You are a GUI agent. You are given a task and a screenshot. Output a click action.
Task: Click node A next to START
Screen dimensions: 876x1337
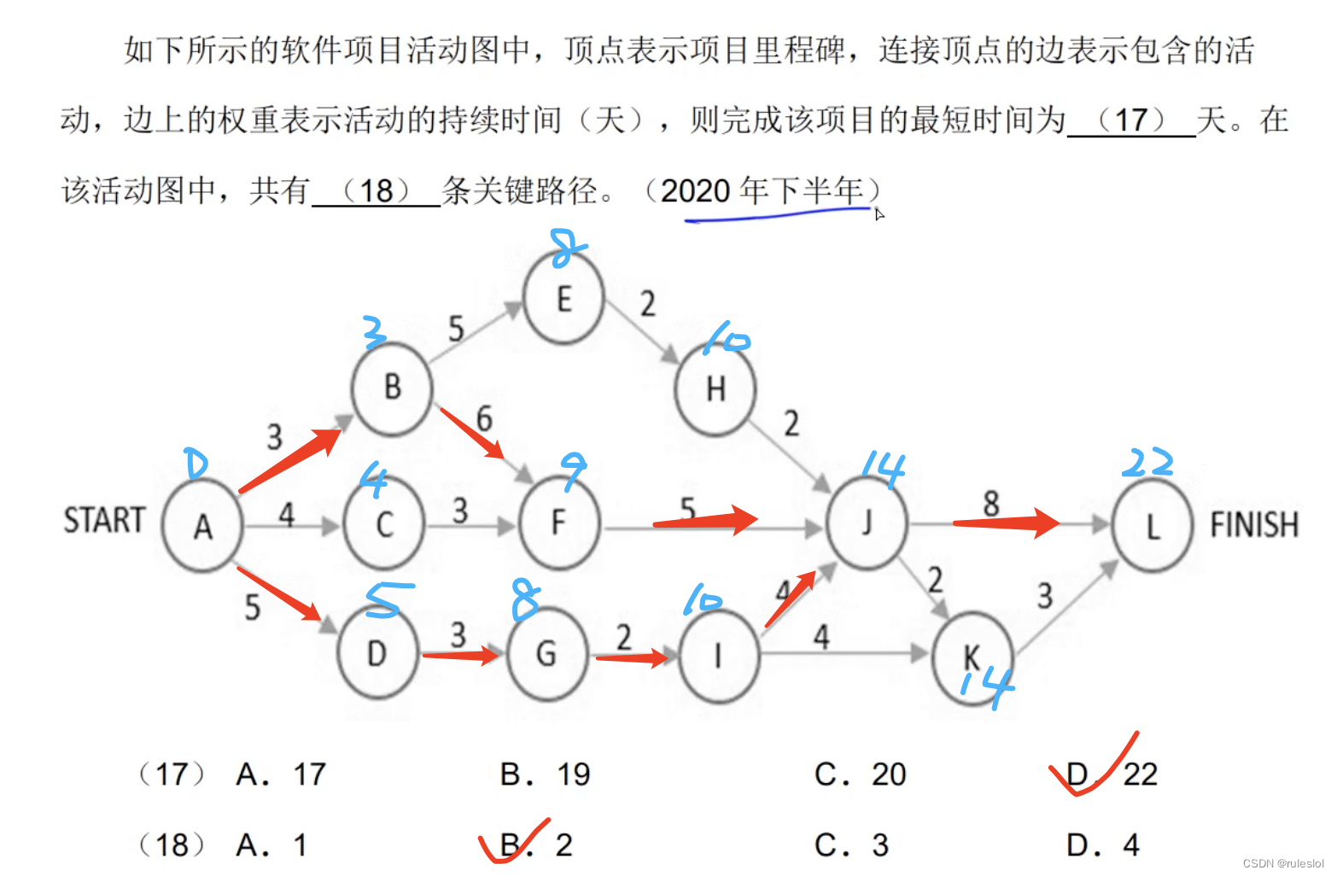202,525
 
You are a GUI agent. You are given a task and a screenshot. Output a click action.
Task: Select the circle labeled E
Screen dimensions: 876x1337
563,299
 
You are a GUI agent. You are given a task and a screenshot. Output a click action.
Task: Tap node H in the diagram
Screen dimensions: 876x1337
715,388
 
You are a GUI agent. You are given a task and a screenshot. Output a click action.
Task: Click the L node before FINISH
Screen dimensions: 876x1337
1153,526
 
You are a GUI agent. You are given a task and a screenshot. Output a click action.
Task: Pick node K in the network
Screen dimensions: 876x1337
972,657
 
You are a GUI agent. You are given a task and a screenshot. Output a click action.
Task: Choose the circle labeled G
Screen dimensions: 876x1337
546,654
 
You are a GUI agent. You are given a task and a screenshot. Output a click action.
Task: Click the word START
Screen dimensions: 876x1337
104,520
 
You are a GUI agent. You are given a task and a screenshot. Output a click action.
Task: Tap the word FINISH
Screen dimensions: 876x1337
1253,524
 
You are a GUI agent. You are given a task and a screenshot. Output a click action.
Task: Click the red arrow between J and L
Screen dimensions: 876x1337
1006,522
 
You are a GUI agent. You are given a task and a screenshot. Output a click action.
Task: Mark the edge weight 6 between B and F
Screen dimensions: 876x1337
484,418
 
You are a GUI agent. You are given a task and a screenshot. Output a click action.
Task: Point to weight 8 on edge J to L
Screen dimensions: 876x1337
990,503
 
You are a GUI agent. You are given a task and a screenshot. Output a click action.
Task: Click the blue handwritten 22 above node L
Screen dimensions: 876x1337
1147,463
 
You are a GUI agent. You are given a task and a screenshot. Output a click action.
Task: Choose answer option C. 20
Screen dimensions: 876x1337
860,774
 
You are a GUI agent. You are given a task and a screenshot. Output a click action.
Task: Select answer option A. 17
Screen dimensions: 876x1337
281,774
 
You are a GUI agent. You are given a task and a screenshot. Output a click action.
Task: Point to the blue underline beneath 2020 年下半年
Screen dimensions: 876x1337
777,215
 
